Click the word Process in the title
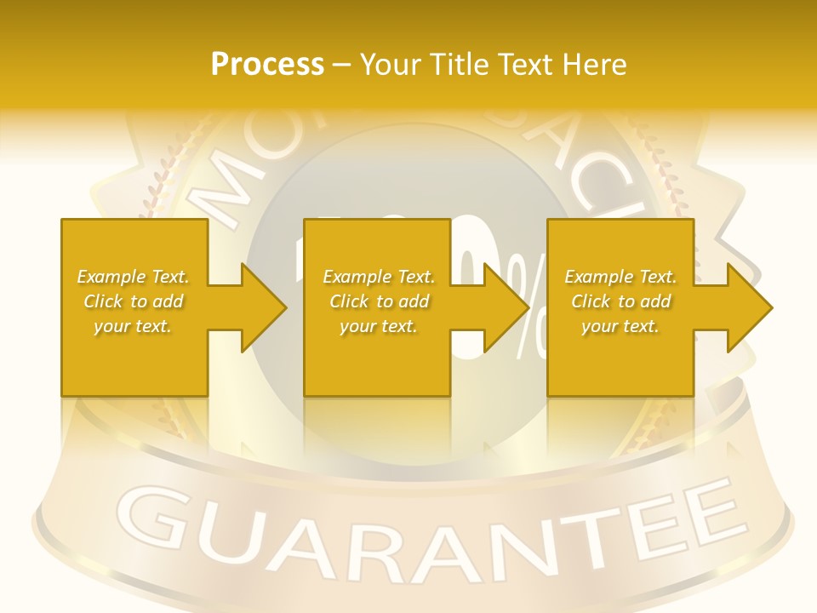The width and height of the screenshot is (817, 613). (x=267, y=65)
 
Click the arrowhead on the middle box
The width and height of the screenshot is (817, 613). (x=506, y=307)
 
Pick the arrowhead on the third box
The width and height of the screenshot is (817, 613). (x=749, y=307)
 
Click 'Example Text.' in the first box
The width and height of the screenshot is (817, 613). (x=133, y=277)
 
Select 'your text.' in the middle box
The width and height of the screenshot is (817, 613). (x=378, y=326)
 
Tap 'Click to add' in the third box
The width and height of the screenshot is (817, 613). (x=620, y=301)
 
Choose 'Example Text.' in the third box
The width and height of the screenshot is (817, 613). (x=620, y=277)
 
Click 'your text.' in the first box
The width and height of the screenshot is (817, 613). (x=133, y=326)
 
